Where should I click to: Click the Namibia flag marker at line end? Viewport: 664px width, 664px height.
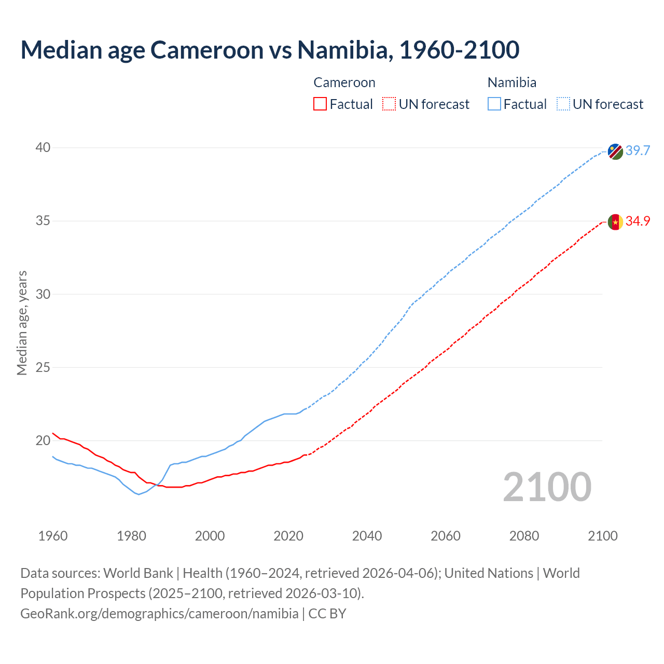pos(615,151)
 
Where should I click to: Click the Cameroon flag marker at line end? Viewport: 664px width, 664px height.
pos(615,222)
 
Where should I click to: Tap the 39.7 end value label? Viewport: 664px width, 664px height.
pos(638,151)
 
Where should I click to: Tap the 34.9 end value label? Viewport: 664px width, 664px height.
pos(638,222)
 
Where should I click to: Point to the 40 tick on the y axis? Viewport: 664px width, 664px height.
pos(43,148)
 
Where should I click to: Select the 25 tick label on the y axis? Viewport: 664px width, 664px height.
pos(43,368)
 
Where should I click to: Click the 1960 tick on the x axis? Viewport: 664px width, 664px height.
pos(53,536)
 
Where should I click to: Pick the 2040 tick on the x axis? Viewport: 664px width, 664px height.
pos(367,536)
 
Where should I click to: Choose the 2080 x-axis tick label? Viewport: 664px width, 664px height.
pos(524,536)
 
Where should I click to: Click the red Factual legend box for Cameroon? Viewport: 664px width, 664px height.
pos(320,104)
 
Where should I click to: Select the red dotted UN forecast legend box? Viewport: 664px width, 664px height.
pos(389,104)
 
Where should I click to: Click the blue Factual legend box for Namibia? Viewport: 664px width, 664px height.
pos(494,104)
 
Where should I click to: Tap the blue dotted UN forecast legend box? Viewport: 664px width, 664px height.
pos(563,104)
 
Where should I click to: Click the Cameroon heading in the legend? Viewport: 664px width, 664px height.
pos(344,82)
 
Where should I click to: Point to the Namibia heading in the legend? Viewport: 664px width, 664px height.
pos(512,82)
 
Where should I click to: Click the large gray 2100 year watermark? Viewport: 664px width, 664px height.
pos(547,487)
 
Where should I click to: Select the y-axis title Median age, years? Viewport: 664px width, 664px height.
pos(22,323)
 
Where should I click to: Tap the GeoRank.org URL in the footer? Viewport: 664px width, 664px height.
pos(159,614)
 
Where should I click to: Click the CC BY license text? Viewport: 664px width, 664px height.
pos(327,614)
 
